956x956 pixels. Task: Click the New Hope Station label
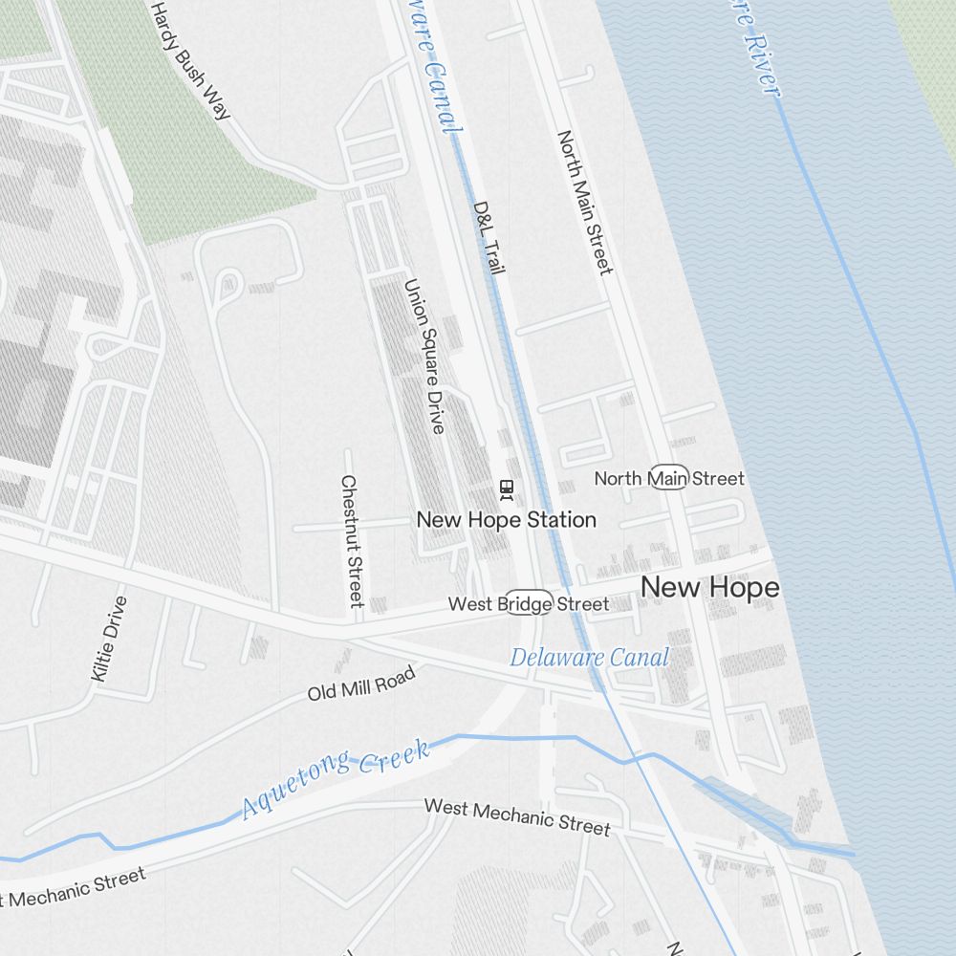(506, 519)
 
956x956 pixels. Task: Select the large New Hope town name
(709, 588)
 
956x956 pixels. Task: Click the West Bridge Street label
(528, 604)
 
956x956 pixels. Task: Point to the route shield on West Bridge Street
(529, 603)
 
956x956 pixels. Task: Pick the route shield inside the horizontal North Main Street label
(668, 478)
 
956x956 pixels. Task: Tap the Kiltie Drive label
(109, 639)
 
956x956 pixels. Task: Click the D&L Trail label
(489, 237)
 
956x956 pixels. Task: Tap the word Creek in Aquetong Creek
(394, 756)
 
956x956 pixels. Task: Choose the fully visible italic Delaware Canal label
(589, 657)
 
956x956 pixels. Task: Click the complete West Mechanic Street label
(516, 815)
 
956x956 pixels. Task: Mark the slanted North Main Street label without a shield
(583, 203)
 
